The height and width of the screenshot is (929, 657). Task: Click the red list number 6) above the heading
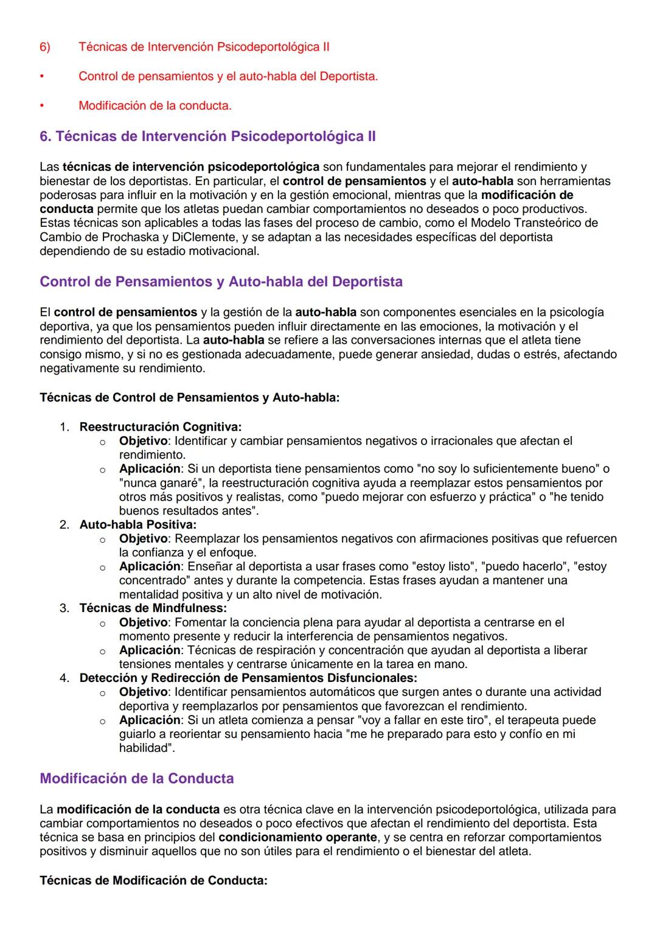tap(45, 47)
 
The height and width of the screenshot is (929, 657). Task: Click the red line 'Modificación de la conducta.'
tap(155, 106)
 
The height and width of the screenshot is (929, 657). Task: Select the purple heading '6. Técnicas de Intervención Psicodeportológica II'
tap(207, 136)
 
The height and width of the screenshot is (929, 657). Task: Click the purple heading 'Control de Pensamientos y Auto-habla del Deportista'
tap(221, 282)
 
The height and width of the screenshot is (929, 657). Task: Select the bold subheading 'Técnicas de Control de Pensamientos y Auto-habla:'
tap(189, 398)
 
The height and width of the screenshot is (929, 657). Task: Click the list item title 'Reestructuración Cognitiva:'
tap(160, 426)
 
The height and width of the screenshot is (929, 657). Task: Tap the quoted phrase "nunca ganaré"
tap(155, 483)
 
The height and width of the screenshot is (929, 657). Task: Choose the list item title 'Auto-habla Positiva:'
tap(137, 524)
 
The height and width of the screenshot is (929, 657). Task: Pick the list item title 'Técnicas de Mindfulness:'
tap(153, 608)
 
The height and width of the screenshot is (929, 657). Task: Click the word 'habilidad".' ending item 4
tap(147, 748)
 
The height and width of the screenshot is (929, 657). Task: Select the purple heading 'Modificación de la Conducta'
tap(136, 779)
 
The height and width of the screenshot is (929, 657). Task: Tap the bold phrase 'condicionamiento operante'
tap(297, 838)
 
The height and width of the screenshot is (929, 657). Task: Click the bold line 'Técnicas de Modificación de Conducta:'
tap(153, 881)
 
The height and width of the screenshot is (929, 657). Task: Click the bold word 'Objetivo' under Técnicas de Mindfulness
tap(143, 622)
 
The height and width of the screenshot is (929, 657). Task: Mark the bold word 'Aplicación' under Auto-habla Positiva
tap(150, 566)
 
